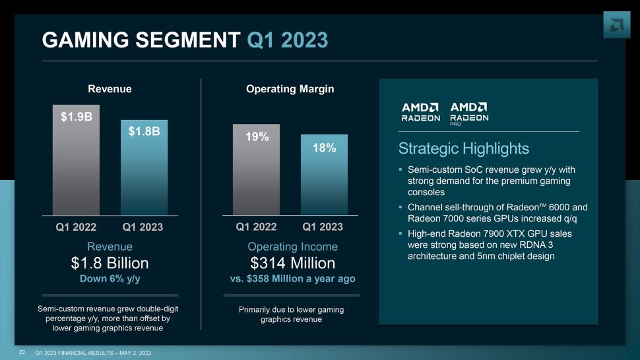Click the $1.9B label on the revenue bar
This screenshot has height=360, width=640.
click(76, 117)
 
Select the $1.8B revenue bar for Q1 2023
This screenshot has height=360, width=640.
click(144, 168)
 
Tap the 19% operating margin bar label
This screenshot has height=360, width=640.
click(257, 136)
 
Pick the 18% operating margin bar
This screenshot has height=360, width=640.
click(324, 175)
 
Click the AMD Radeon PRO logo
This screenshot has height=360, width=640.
click(469, 112)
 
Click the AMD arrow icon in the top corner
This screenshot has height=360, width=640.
click(616, 24)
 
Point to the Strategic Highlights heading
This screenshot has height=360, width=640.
click(464, 148)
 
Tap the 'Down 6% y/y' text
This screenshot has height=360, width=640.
click(110, 279)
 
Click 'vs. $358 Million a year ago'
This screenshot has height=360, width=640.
click(293, 279)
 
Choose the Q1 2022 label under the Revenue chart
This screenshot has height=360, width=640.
click(76, 227)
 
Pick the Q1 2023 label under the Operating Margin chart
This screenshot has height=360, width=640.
click(323, 227)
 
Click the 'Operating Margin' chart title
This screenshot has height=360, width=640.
click(293, 88)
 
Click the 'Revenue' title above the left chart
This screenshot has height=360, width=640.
click(110, 88)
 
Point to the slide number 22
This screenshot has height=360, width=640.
click(22, 353)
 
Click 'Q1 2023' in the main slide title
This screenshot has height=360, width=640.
click(287, 41)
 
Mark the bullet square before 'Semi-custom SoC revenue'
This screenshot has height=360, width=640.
click(400, 169)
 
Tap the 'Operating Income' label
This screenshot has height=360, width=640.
click(293, 247)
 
